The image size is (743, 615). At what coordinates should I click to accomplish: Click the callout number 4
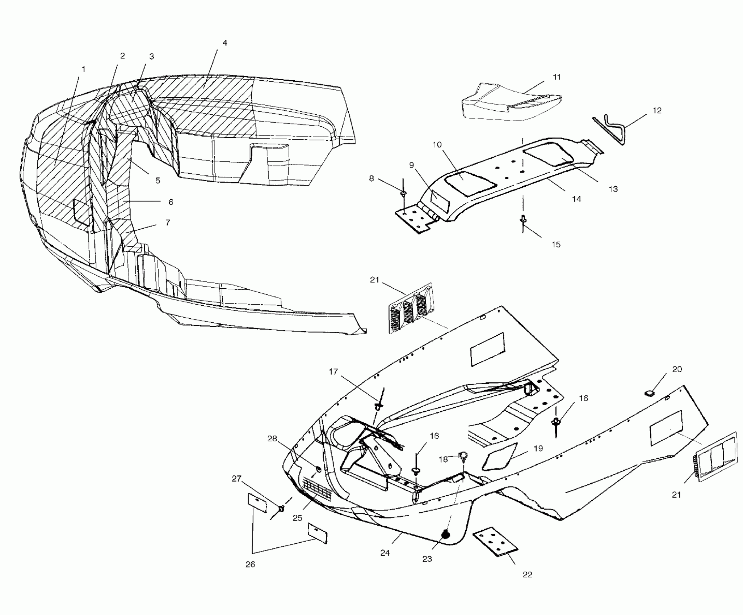coord(224,43)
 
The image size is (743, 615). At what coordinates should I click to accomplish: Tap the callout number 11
coord(557,77)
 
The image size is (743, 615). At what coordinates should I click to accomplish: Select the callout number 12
coord(657,110)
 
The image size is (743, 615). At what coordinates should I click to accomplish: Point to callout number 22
coord(528,574)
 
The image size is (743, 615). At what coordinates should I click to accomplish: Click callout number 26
coord(250,564)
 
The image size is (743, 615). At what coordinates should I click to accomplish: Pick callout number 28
coord(272,438)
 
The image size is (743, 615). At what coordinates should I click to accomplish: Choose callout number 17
coord(333,372)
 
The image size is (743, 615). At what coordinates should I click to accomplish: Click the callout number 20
coord(677,369)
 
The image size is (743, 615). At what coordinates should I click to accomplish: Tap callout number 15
coord(556,244)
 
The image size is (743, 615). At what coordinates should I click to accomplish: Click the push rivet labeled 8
coord(403,193)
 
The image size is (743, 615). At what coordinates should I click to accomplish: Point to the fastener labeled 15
coord(523,219)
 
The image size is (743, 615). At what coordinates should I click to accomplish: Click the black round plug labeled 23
coord(446,534)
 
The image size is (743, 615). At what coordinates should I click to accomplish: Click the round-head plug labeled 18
coord(463,455)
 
